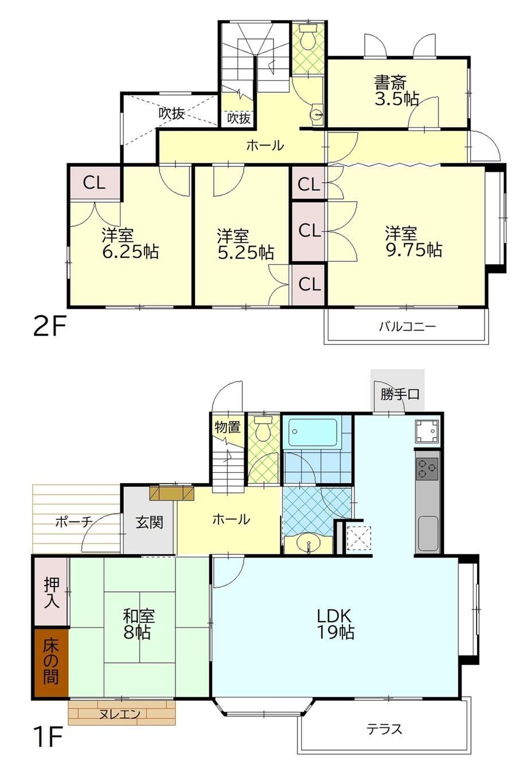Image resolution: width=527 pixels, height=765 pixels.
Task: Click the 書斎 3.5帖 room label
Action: coord(396,91)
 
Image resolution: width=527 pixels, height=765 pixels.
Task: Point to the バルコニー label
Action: coord(407,327)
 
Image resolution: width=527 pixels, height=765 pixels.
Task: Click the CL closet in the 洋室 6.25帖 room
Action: coord(94,183)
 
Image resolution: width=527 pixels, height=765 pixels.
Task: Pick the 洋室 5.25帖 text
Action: coord(245,244)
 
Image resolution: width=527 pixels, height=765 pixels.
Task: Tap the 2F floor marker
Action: coord(49,327)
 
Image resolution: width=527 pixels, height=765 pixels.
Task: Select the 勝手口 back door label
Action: coord(400,394)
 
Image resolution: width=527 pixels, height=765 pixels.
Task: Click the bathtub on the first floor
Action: coord(313,431)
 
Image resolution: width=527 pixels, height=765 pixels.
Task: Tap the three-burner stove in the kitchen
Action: coord(427,468)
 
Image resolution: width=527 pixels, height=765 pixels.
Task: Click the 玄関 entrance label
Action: coord(149,523)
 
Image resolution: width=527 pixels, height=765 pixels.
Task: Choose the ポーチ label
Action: coord(73,522)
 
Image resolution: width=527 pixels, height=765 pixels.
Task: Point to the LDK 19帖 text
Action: coord(334,624)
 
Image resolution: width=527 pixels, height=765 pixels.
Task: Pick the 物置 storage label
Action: coord(228,426)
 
